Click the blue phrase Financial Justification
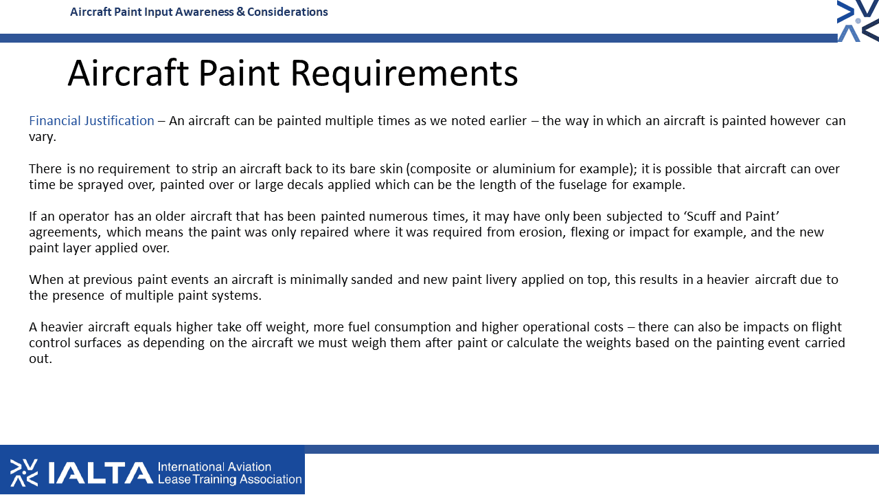(x=91, y=121)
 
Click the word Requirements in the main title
(x=404, y=74)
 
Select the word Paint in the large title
(x=239, y=73)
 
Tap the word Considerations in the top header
(x=287, y=12)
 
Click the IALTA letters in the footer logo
(x=101, y=472)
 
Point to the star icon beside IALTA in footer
(x=24, y=472)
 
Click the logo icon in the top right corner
(x=858, y=21)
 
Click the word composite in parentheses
(x=440, y=169)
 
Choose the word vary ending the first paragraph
(x=43, y=137)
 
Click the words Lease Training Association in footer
(x=229, y=479)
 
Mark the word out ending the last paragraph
(x=40, y=359)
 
